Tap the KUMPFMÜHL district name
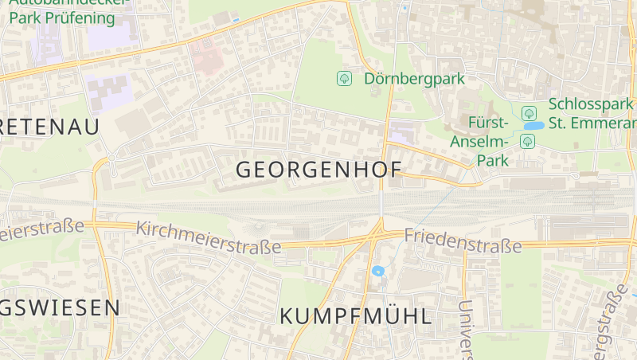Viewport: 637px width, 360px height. point(356,316)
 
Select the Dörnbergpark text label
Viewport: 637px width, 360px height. point(414,79)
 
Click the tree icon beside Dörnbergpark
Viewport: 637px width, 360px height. point(344,78)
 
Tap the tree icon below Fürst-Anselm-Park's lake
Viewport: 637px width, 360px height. point(526,142)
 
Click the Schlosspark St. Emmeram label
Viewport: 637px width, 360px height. point(592,114)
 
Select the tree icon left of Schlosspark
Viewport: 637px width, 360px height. point(527,112)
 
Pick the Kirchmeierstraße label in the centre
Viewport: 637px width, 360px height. point(209,238)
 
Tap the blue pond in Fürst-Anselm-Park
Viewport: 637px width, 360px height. point(533,126)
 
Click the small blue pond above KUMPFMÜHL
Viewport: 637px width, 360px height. point(378,271)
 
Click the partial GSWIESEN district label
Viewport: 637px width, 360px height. point(60,307)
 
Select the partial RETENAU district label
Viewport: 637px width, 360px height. point(49,127)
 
